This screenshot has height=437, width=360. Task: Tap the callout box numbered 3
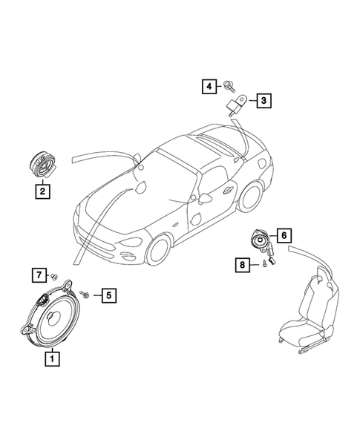(262, 99)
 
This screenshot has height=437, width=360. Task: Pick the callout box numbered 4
(210, 87)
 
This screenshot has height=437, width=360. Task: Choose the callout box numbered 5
(108, 296)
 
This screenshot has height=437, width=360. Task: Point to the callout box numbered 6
(282, 235)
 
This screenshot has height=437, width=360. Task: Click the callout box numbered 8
(242, 263)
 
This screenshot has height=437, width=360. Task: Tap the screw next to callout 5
(85, 295)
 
